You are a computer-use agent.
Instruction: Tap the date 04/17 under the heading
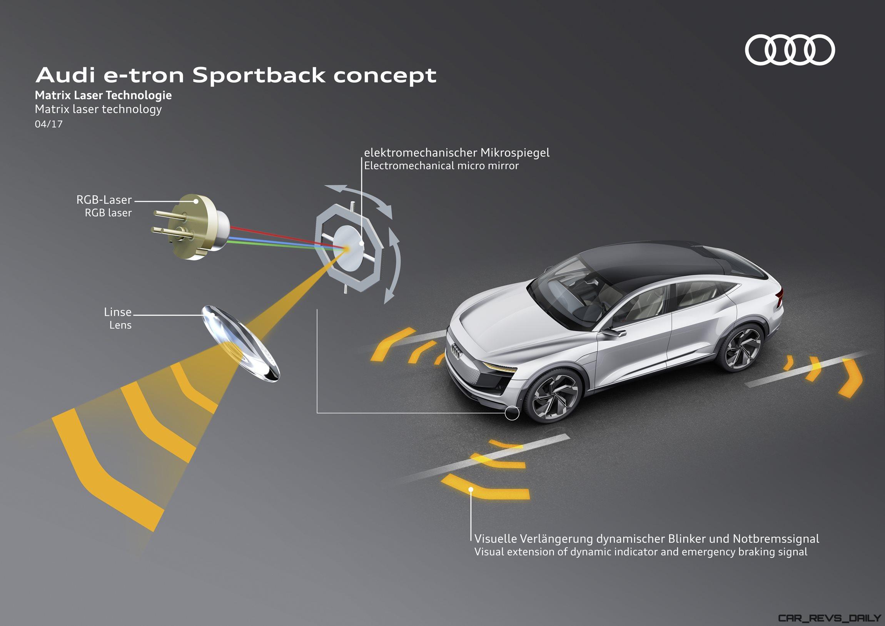[48, 124]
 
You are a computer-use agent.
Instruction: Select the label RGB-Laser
[104, 200]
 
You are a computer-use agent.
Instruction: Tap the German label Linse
[118, 312]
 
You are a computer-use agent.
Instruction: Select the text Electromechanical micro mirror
[441, 166]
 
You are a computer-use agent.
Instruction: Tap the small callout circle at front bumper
[512, 413]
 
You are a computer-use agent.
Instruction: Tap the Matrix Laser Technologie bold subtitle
[103, 95]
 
